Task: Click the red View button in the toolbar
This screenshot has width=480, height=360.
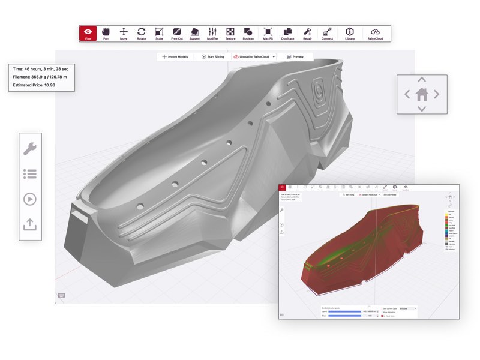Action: coord(88,33)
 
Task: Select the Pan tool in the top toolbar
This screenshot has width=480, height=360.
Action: coord(106,33)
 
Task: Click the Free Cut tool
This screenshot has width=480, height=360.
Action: coord(177,33)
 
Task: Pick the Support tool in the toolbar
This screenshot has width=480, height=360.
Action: coord(194,33)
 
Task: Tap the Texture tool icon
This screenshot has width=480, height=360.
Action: coord(230,33)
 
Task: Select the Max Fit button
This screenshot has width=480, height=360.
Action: coord(268,33)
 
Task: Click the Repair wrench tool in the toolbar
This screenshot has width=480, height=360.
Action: coord(307,33)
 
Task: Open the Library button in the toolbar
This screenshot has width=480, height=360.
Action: coord(349,33)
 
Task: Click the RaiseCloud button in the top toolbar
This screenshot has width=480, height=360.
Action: coord(376,33)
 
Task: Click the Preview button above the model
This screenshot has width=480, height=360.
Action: coord(295,56)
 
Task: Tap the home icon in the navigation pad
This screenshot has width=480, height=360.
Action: coord(422,94)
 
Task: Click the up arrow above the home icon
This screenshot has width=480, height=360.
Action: coord(422,80)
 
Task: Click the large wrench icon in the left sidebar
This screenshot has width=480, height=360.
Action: coord(30,148)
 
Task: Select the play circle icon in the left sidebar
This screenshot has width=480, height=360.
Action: coord(30,199)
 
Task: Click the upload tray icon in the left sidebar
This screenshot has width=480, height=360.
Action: coord(30,224)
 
